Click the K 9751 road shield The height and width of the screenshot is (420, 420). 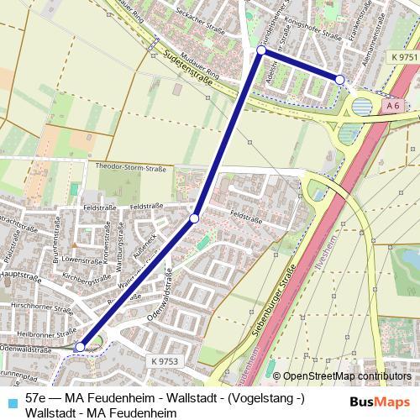coord(403,56)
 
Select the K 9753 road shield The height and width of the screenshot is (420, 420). coord(166,360)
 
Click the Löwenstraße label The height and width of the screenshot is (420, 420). coord(76,260)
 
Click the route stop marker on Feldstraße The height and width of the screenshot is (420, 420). coord(194,218)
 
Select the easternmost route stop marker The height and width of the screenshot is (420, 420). coord(339,79)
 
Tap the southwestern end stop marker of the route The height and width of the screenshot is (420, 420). coord(80,346)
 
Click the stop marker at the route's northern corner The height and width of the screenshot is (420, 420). coord(261,50)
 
